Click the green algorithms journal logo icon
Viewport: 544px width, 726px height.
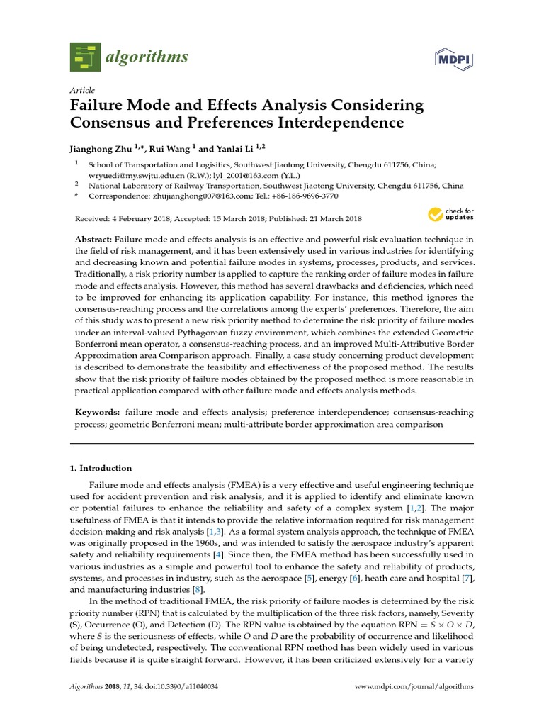[85, 57]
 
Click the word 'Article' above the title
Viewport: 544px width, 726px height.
[82, 91]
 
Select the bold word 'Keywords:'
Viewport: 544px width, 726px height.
[96, 413]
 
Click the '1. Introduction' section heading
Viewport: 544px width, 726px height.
[101, 468]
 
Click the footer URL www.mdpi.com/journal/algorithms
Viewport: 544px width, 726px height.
[414, 687]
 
